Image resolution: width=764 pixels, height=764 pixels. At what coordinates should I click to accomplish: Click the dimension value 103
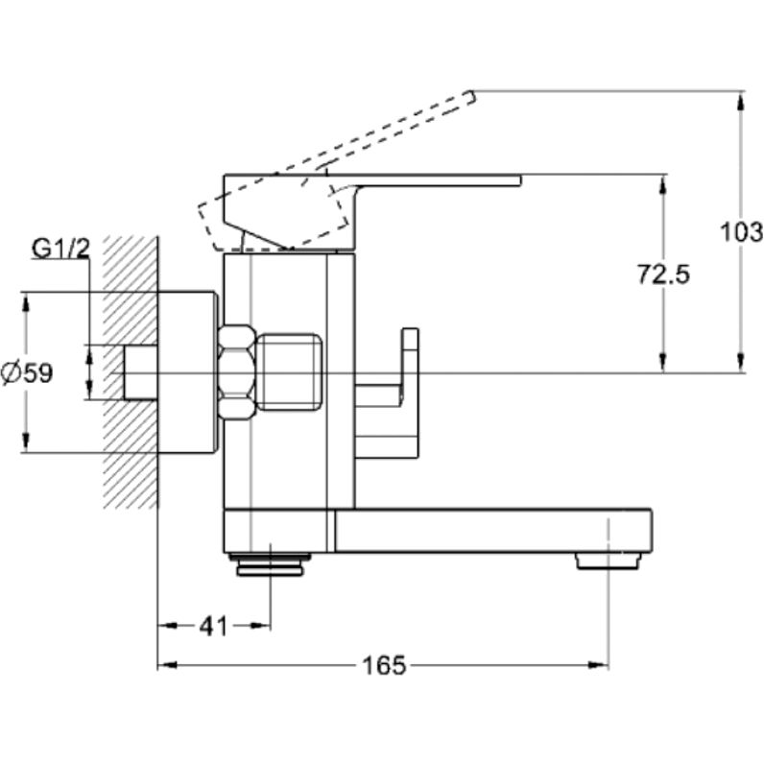[x=740, y=231]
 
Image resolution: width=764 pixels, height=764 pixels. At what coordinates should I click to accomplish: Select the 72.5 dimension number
[x=663, y=275]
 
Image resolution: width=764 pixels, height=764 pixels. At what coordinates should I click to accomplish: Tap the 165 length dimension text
[x=384, y=664]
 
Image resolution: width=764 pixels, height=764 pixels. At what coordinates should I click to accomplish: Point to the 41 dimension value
[x=212, y=626]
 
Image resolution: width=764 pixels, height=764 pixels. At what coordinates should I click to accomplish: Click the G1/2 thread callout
[x=60, y=250]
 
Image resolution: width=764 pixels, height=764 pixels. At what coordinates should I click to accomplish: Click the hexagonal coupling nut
[x=236, y=371]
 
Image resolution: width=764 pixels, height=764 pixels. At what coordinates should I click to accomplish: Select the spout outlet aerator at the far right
[x=607, y=561]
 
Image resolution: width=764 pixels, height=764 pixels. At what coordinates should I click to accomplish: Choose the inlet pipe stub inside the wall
[x=141, y=371]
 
